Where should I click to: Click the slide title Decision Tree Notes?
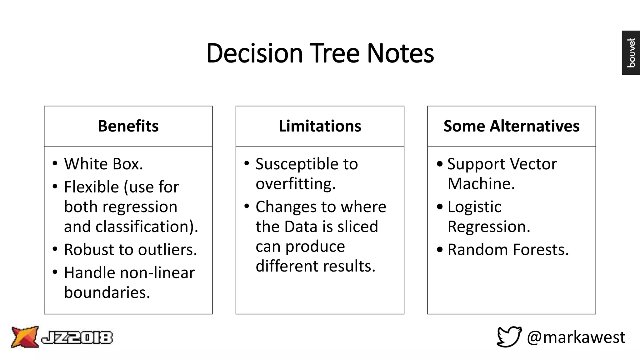point(320,53)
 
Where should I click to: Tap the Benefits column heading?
point(128,126)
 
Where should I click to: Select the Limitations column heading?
point(320,126)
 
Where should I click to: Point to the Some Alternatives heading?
point(511,126)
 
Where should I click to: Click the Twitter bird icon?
point(509,337)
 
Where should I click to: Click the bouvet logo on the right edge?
point(631,52)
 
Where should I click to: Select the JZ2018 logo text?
point(77,338)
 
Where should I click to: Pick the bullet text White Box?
point(103,164)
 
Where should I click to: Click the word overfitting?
point(295,184)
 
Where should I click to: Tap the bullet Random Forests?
point(508,250)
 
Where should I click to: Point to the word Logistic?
point(474,207)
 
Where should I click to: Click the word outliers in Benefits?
point(167,250)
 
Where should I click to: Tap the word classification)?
point(147,227)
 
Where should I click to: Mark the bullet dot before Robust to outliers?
point(55,249)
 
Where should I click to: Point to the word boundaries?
point(107,293)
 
